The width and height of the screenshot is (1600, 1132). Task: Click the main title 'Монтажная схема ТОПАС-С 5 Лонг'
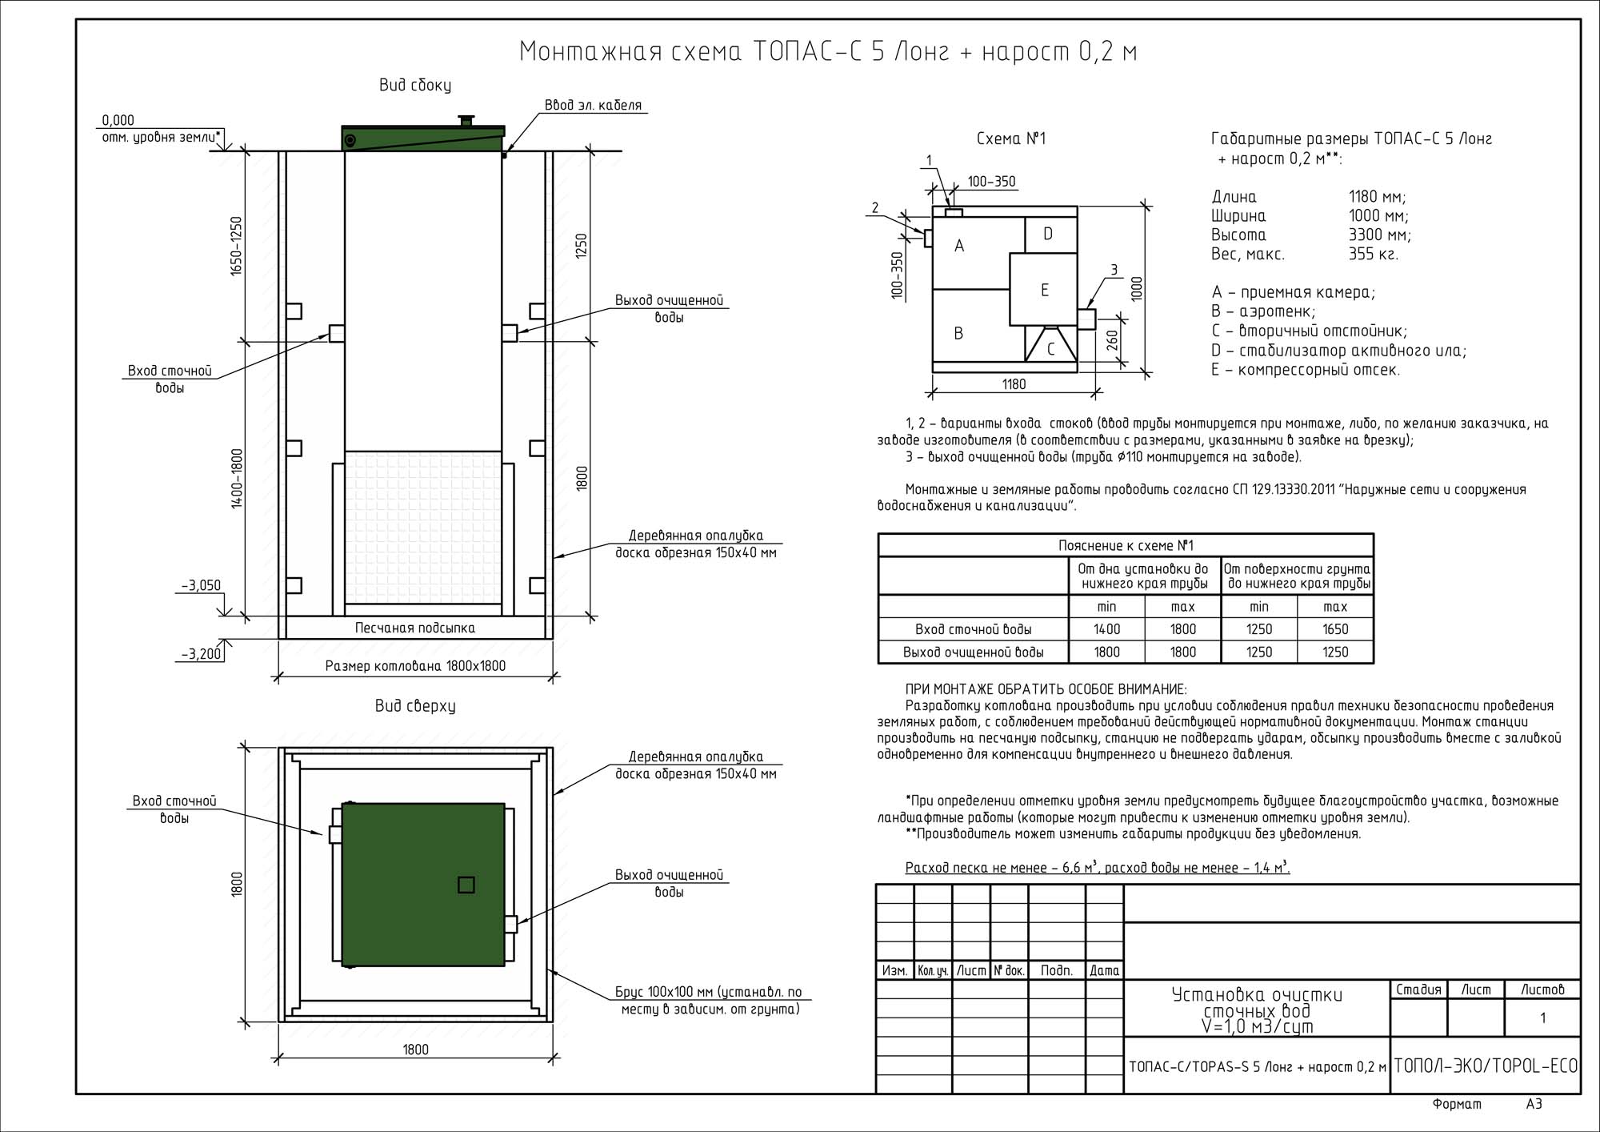coord(828,51)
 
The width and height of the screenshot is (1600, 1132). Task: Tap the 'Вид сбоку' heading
coord(414,85)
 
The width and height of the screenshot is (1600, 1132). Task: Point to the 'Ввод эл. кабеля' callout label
coord(593,105)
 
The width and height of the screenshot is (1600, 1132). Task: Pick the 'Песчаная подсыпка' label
coord(414,628)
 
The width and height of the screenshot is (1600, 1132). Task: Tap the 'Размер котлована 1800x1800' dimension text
coord(415,665)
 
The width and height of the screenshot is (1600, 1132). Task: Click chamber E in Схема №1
coord(1044,290)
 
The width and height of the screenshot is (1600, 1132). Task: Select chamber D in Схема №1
coord(1048,234)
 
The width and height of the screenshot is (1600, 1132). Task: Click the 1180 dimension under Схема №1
coord(1014,384)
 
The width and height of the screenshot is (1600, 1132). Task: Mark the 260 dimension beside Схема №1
coord(1112,341)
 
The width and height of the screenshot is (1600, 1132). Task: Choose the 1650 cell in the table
coord(1335,629)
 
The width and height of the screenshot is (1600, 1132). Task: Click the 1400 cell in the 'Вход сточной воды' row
coord(1106,629)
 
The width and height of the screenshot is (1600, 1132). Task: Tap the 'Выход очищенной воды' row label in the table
coord(973,652)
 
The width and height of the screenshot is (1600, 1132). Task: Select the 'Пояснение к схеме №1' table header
coord(1126,545)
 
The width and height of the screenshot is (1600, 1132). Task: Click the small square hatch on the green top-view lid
coord(466,885)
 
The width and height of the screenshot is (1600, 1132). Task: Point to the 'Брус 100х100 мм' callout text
coord(709,992)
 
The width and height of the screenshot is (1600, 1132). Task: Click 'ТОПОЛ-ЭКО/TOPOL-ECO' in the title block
coord(1486,1066)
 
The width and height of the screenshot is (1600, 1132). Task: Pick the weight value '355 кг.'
coord(1373,255)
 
